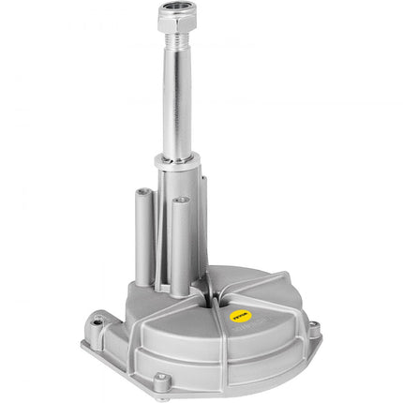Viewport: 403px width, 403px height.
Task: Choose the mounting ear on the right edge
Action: (x=313, y=329)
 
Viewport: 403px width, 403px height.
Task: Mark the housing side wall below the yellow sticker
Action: (x=267, y=351)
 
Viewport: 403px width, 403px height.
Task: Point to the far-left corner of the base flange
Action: (x=83, y=341)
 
